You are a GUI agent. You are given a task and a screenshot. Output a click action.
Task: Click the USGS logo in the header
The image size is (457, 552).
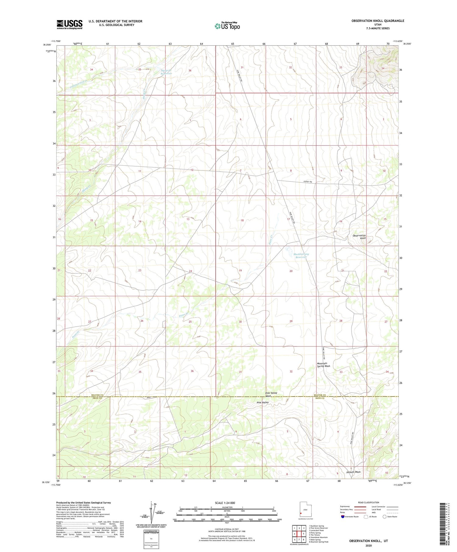tap(69, 24)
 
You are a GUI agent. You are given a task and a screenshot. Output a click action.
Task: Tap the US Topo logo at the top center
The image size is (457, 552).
tap(227, 26)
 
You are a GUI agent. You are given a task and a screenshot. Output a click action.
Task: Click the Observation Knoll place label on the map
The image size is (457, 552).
tap(359, 237)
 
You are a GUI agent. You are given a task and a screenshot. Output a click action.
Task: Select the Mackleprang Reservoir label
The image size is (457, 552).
tap(301, 255)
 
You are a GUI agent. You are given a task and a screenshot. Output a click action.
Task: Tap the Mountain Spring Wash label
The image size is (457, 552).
tap(323, 364)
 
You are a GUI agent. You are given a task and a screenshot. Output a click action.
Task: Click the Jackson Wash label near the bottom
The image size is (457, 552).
tap(353, 472)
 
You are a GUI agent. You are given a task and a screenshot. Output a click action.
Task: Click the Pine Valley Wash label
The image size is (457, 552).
tap(271, 394)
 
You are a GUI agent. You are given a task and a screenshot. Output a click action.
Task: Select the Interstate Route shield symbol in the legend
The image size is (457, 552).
tap(343, 517)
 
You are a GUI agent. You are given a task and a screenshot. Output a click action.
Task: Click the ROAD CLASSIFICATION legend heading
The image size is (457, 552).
tap(369, 502)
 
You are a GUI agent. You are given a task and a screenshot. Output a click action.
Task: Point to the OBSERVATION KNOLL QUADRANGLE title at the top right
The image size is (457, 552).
tap(377, 21)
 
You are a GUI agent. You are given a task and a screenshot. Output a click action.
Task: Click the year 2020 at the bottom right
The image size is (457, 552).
tap(368, 545)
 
